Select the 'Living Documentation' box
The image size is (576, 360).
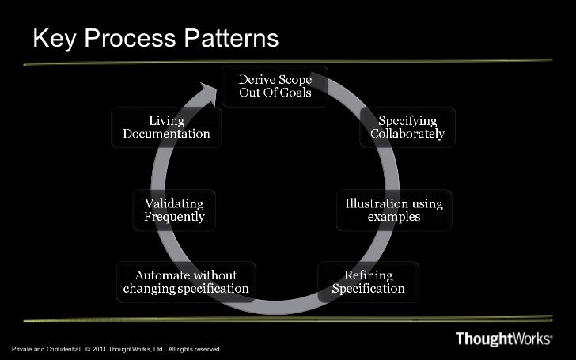click(x=166, y=127)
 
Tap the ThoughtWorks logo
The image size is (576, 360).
click(x=504, y=339)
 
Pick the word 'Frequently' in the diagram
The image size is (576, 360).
click(x=174, y=216)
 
